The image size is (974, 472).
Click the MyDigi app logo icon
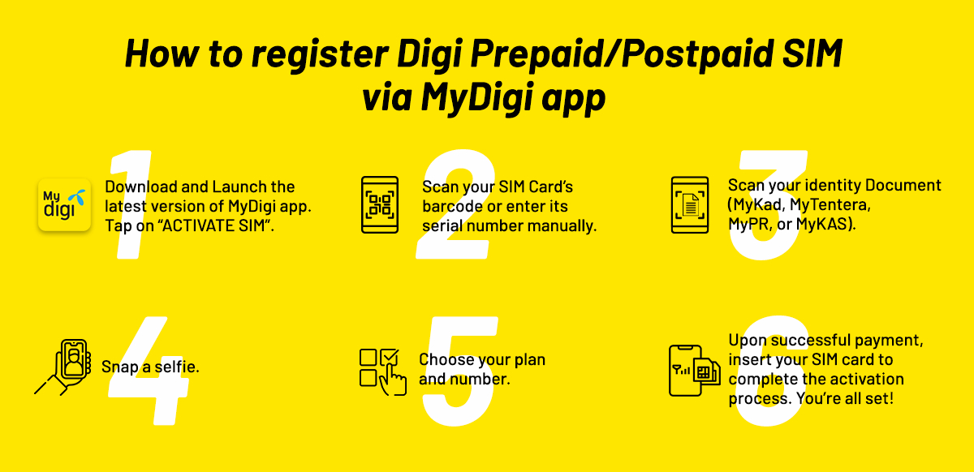point(64,206)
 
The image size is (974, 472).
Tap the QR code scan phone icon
point(379,206)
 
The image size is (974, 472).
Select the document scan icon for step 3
point(691,206)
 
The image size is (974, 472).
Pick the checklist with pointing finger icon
point(382,371)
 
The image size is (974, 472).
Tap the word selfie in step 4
point(176,367)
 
